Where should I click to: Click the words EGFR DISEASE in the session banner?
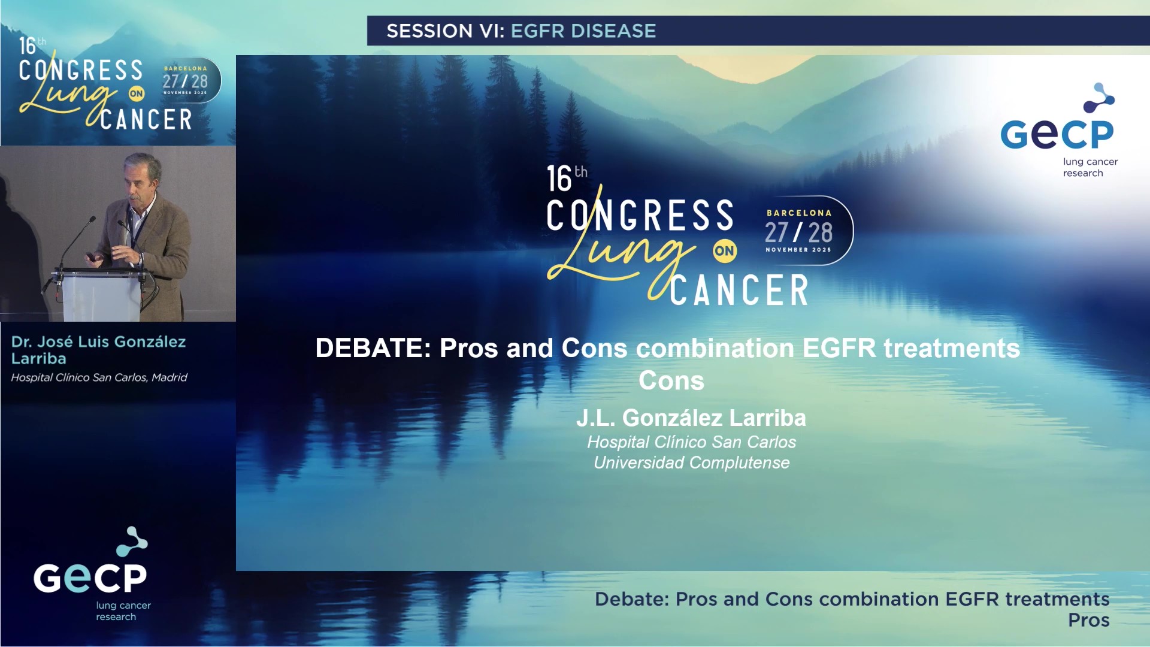pos(583,31)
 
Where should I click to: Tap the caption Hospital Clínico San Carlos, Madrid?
pos(99,377)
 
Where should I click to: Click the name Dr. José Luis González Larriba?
pos(98,350)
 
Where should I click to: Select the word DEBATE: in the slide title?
pos(373,348)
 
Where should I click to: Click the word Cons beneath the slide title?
pos(671,381)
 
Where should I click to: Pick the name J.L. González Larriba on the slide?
pos(691,418)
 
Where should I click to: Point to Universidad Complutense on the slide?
pos(691,462)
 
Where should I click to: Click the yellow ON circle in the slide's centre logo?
pos(724,251)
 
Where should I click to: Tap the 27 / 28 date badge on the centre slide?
pos(798,232)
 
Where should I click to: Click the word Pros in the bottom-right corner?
pos(1088,620)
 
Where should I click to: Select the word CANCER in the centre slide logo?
pos(739,291)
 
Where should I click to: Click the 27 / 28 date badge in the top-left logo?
pos(185,81)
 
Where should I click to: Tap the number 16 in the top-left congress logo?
pos(28,47)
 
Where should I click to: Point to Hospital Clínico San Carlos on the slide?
pos(691,442)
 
